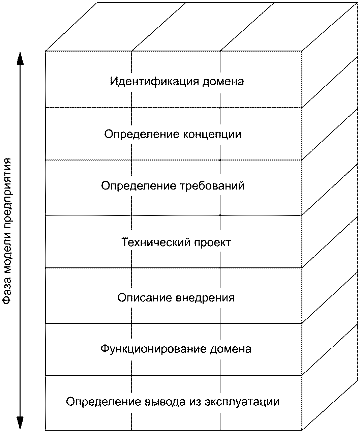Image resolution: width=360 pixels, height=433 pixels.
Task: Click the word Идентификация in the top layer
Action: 154,82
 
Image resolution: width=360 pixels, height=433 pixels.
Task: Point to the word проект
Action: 212,242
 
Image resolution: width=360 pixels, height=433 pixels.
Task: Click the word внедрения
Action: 205,298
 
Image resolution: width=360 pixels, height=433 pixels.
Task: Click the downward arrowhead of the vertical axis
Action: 20,422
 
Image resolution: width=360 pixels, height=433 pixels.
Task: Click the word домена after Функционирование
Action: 231,349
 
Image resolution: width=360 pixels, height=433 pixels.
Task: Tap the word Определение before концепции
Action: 142,134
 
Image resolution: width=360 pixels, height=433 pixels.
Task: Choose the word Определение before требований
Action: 139,186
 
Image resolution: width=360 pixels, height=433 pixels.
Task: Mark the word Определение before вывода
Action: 103,402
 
